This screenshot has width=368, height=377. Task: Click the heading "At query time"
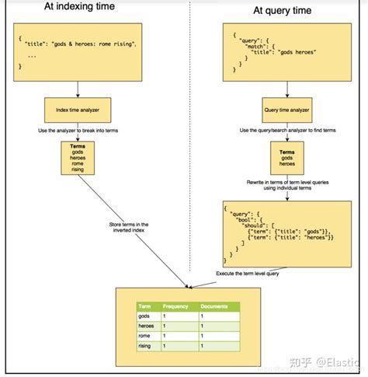283,11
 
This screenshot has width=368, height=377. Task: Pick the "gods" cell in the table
144,316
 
